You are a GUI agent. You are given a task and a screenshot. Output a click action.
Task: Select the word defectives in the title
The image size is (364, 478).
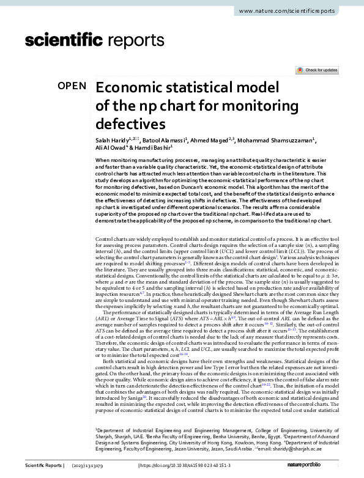pyautogui.click(x=131, y=123)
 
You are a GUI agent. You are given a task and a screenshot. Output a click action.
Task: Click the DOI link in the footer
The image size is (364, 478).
pyautogui.click(x=182, y=466)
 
